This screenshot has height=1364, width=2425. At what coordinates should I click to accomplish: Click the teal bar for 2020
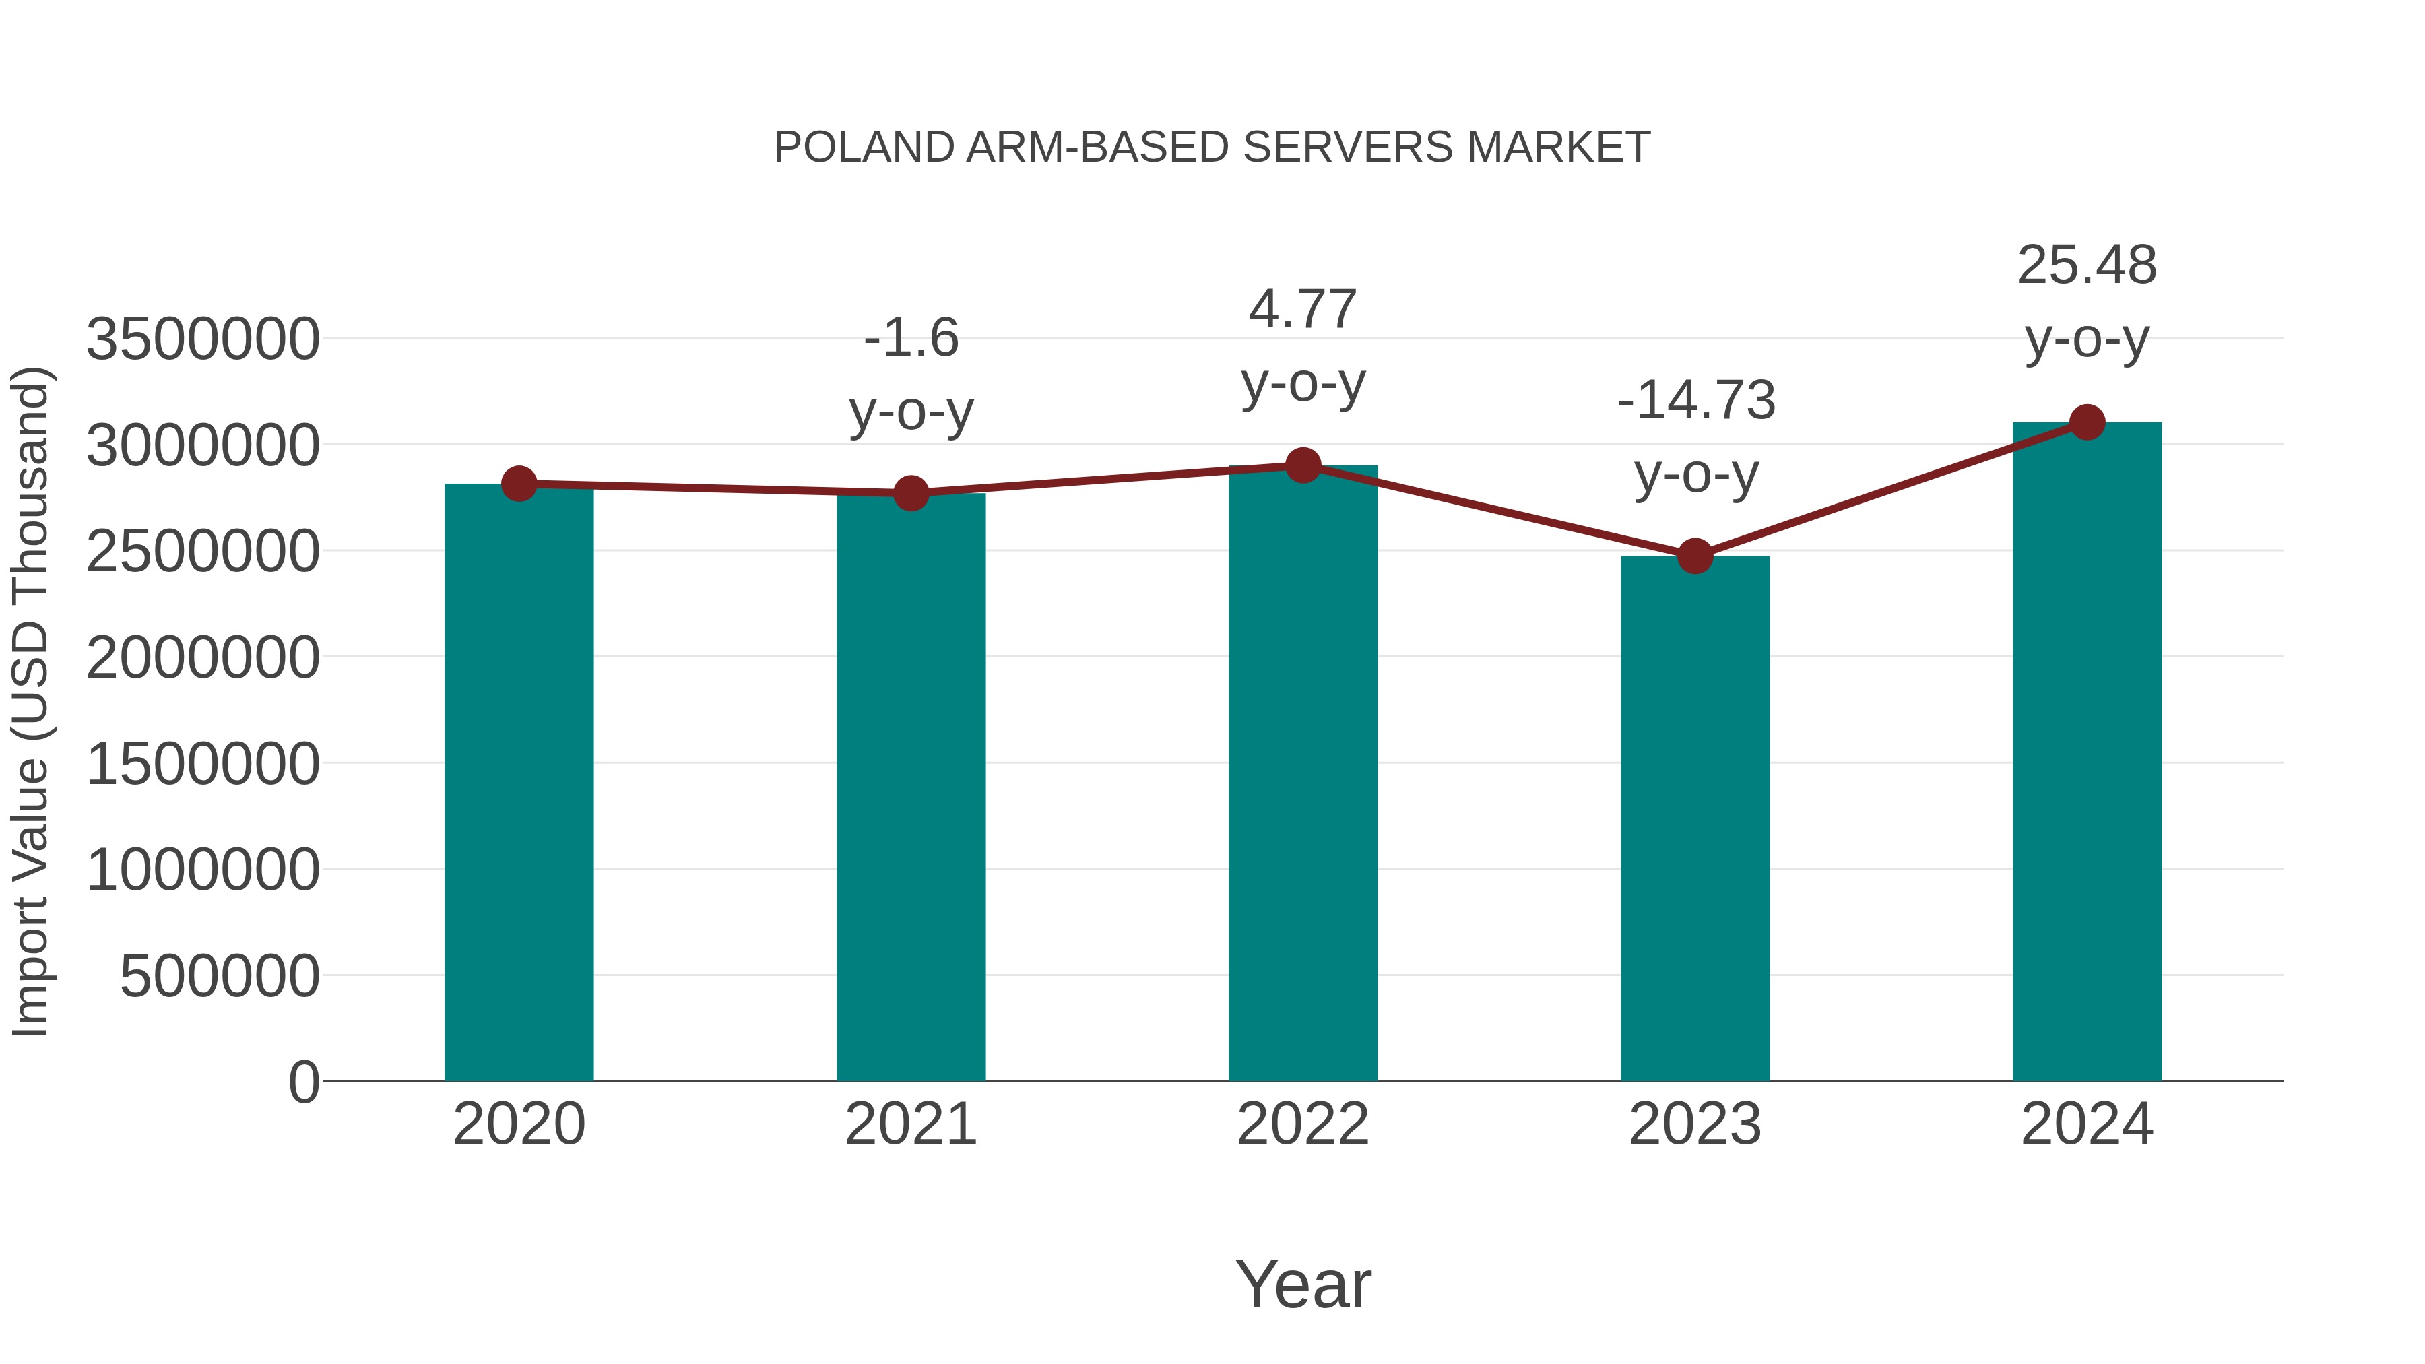pyautogui.click(x=519, y=781)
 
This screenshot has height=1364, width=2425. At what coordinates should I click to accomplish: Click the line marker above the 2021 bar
pyautogui.click(x=910, y=492)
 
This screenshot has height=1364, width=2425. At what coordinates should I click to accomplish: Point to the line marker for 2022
pyautogui.click(x=1303, y=465)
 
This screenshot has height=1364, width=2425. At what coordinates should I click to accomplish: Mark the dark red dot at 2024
pyautogui.click(x=2087, y=422)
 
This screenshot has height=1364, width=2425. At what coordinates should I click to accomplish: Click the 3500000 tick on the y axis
pyautogui.click(x=202, y=339)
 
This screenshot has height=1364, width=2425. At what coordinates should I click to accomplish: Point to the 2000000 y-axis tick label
pyautogui.click(x=202, y=657)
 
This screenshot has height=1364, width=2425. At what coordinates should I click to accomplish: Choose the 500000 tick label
pyautogui.click(x=220, y=976)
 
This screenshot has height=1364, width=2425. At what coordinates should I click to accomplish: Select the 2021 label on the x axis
pyautogui.click(x=910, y=1124)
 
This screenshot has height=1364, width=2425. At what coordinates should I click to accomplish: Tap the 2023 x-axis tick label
pyautogui.click(x=1695, y=1124)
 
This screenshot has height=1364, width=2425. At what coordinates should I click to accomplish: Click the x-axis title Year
pyautogui.click(x=1303, y=1284)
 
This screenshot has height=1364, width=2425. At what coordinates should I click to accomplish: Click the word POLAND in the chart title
pyautogui.click(x=864, y=148)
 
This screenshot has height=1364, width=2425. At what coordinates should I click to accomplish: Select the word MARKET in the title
pyautogui.click(x=1558, y=148)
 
